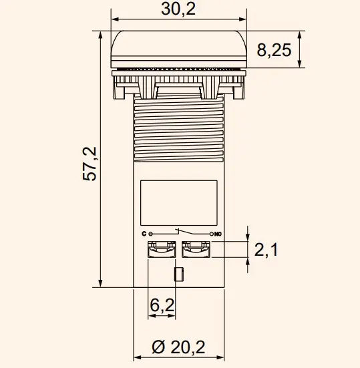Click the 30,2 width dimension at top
[177, 9]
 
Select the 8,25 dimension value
[274, 50]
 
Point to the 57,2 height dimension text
[91, 164]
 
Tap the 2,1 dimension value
[266, 250]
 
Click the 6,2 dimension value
[162, 305]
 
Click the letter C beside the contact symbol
[144, 234]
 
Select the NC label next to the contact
[217, 234]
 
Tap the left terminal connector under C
[161, 250]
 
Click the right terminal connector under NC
[196, 250]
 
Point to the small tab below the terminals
[178, 274]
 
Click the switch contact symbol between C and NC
[180, 232]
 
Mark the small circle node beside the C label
[151, 234]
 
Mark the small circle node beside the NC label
[210, 234]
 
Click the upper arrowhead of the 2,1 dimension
[248, 238]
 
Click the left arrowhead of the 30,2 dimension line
[114, 20]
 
